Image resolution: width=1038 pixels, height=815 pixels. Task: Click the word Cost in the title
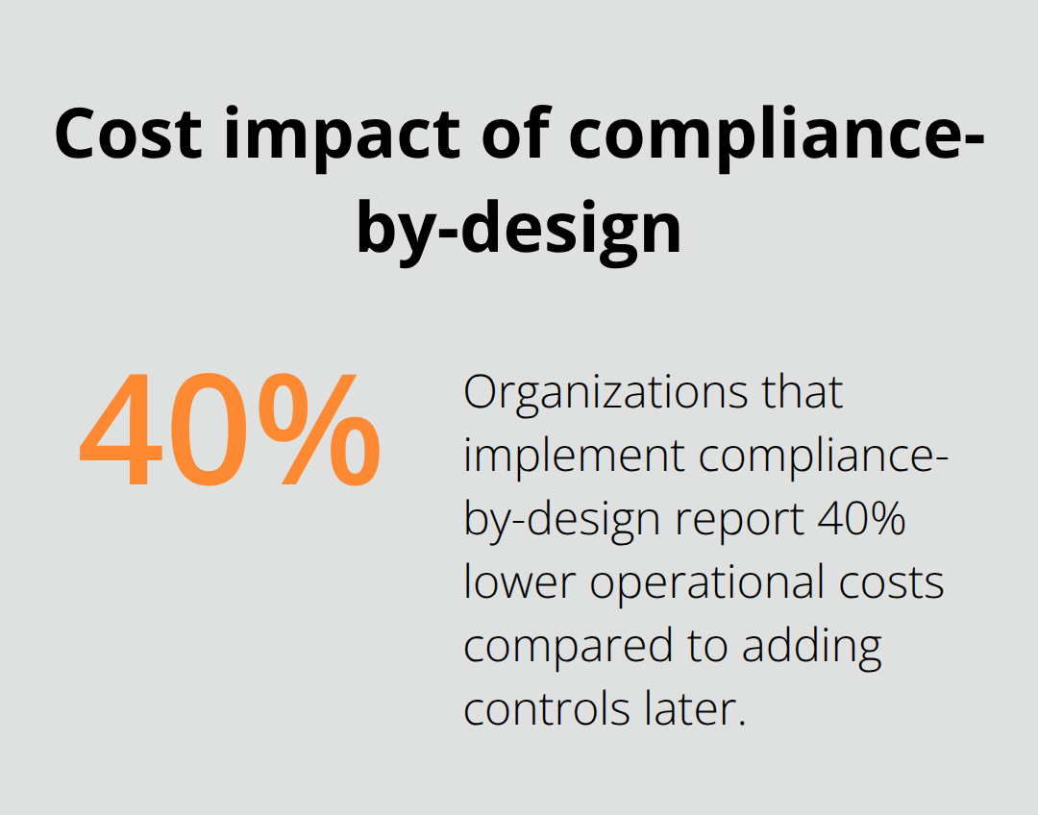tap(127, 136)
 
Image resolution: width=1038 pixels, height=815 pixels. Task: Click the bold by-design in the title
tap(519, 228)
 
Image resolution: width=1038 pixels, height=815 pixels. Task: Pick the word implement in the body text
tap(575, 456)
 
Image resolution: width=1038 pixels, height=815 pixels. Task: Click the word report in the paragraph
tap(739, 520)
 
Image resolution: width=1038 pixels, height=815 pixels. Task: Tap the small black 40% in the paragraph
tap(862, 519)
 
